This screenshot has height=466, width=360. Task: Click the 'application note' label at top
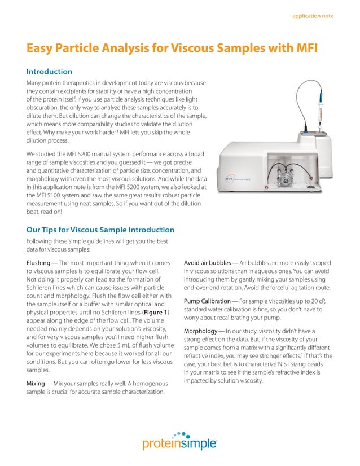point(312,16)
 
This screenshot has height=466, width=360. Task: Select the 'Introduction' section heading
point(50,72)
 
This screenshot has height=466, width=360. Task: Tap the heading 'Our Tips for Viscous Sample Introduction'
point(100,230)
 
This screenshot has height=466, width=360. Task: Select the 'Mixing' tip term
point(37,383)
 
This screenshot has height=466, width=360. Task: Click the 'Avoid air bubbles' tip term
point(207,263)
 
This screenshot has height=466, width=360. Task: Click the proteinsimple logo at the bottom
point(179,444)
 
